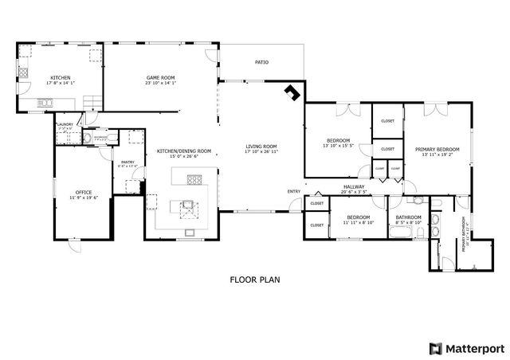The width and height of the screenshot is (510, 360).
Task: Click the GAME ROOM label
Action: (x=160, y=77)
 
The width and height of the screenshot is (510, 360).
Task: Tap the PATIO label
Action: (x=261, y=61)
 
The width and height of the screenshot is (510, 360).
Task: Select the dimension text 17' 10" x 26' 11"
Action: (x=261, y=151)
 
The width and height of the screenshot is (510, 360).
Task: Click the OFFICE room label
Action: (x=84, y=192)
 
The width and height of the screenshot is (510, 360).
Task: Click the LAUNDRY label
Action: (x=65, y=124)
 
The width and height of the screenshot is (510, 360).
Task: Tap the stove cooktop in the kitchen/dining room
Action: (x=190, y=178)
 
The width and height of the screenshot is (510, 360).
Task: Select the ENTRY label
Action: (x=294, y=191)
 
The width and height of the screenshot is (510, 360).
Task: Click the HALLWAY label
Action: (x=353, y=186)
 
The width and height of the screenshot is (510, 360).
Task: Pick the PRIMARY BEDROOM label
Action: (x=437, y=149)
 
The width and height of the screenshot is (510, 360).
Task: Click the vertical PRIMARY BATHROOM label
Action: (x=464, y=237)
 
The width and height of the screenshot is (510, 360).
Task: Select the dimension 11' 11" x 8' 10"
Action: (x=358, y=222)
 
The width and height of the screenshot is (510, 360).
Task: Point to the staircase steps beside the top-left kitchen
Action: (x=93, y=101)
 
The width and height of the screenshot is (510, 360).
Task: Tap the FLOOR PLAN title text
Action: (x=255, y=280)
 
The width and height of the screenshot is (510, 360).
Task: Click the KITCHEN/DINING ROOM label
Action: (x=183, y=151)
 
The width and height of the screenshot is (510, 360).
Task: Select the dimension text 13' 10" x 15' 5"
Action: (x=338, y=146)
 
